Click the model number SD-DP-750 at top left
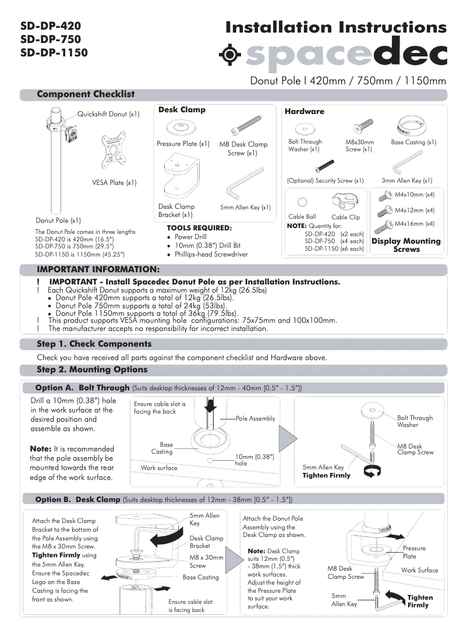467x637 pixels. [x=50, y=39]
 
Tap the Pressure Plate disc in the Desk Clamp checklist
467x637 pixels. [x=181, y=127]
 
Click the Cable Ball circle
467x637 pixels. [x=302, y=202]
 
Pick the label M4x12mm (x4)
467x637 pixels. [x=415, y=209]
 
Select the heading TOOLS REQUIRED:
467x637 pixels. [x=199, y=227]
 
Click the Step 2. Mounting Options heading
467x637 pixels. [x=92, y=369]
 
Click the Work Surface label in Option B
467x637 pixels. [x=419, y=570]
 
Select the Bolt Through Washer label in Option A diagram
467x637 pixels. [x=415, y=421]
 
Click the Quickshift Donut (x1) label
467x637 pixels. [x=108, y=114]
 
